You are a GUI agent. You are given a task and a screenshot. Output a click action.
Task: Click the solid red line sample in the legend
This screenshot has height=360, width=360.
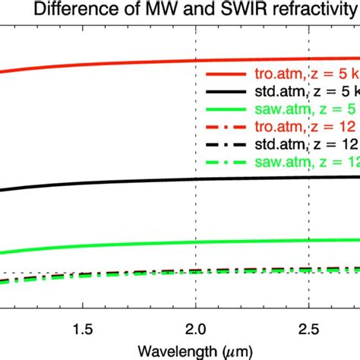226,74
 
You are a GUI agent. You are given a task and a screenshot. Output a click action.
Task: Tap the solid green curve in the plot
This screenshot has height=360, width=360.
114,244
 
